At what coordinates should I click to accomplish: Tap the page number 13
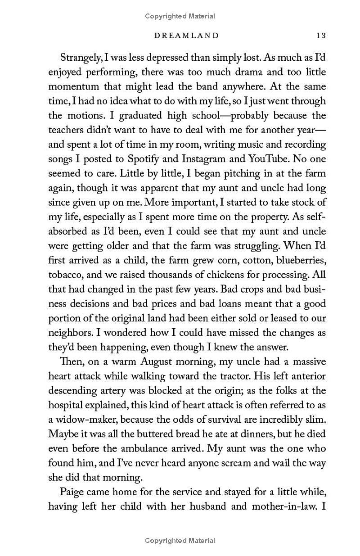[x=321, y=35]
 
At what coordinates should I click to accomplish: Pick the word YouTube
[x=267, y=159]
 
